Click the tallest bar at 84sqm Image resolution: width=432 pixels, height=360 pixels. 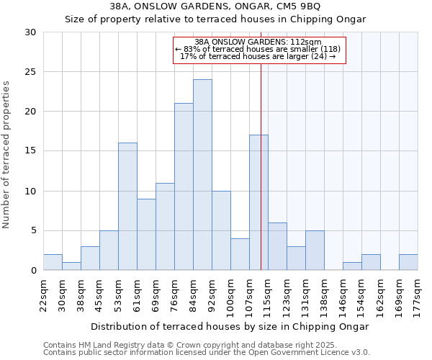[x=202, y=175]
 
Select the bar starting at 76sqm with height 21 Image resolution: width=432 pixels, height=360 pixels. [x=184, y=186]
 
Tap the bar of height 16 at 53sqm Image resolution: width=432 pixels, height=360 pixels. [x=127, y=207]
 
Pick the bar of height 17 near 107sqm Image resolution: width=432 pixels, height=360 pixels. [x=258, y=202]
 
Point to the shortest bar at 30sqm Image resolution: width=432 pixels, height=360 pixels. [x=71, y=266]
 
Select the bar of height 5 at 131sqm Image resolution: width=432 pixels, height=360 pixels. [x=315, y=251]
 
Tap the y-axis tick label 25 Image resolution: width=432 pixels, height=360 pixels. [x=30, y=72]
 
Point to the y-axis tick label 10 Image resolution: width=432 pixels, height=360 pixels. [x=30, y=192]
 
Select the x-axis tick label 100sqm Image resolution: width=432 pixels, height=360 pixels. [x=230, y=296]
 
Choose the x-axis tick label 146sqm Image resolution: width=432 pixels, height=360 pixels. [x=343, y=296]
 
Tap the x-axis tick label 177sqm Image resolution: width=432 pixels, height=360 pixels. [x=418, y=296]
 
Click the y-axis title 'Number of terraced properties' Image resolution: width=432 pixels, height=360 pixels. [x=6, y=155]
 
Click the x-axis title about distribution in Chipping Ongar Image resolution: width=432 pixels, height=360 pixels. [x=230, y=326]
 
